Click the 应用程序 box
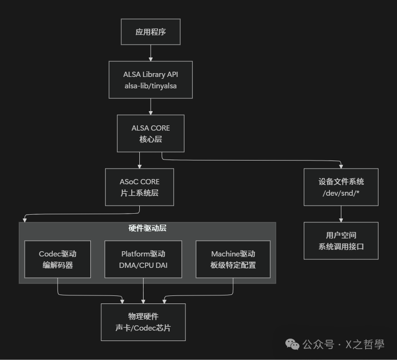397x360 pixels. coord(151,32)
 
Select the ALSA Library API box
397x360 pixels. coord(151,79)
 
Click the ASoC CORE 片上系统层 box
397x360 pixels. coord(139,187)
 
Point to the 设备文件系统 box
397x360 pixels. coord(341,187)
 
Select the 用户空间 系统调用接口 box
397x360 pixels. coord(341,241)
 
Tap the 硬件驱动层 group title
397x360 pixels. coord(147,228)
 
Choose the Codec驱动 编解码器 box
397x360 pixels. coord(58,259)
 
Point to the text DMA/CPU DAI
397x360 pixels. coord(143,265)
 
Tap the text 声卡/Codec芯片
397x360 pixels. coord(143,328)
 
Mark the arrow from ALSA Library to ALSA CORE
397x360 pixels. coord(151,107)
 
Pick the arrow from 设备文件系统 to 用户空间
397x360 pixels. coord(341,214)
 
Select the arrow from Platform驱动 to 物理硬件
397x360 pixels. coord(143,291)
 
